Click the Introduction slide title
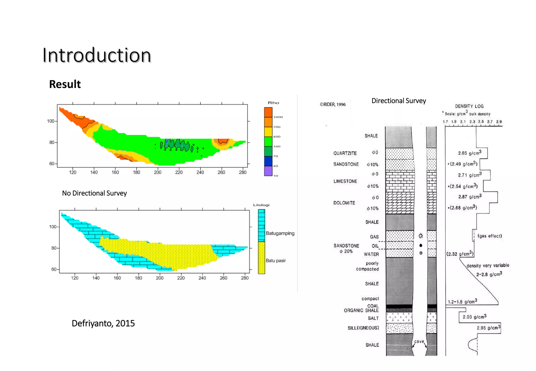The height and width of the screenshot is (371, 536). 97,55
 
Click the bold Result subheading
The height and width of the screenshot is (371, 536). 65,84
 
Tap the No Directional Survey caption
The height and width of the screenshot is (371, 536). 94,193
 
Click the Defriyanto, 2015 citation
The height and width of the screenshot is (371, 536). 103,323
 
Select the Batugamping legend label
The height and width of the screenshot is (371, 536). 280,233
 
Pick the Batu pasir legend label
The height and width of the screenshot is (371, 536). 276,261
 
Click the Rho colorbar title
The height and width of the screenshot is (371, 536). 273,103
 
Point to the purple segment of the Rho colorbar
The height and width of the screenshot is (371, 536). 268,171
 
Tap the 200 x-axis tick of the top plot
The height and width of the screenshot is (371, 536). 158,172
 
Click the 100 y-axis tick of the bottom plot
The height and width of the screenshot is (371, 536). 53,227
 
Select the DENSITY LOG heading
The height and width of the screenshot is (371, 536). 469,106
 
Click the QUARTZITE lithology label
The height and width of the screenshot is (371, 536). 345,153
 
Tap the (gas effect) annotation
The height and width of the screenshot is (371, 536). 490,236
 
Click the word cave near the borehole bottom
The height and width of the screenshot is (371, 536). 419,341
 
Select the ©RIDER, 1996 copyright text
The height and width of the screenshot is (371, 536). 333,104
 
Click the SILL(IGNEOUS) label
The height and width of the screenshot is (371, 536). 363,328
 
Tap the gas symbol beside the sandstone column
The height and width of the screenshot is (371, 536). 421,236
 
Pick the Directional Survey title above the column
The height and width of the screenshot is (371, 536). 399,101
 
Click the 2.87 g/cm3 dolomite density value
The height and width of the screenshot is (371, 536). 470,197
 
